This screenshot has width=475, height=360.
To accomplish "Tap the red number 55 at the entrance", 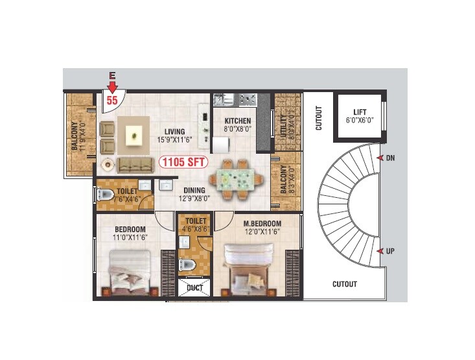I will (112, 101).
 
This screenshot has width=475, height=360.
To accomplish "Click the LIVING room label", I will (174, 132).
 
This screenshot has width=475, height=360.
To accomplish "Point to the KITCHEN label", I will (237, 121).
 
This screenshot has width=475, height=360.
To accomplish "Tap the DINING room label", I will (194, 191).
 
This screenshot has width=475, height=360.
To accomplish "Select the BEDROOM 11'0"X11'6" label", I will (130, 229).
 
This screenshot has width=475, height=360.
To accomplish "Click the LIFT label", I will (359, 112).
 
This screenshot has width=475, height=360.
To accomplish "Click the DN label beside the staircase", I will (390, 158).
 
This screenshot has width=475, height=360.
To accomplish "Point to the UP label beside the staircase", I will (390, 251).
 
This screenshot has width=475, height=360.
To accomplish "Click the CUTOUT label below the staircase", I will (344, 284).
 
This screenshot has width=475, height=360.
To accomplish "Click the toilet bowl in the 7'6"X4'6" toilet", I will (106, 195).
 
